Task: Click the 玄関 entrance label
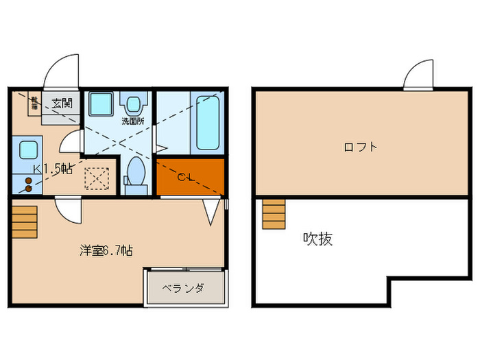[62, 104]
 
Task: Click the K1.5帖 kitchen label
[53, 169]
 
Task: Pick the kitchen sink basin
[28, 150]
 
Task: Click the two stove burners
[28, 184]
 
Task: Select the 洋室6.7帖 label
[104, 251]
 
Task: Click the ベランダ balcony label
[183, 288]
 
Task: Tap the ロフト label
[361, 147]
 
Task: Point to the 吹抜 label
[318, 239]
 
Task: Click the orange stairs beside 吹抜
[273, 214]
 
